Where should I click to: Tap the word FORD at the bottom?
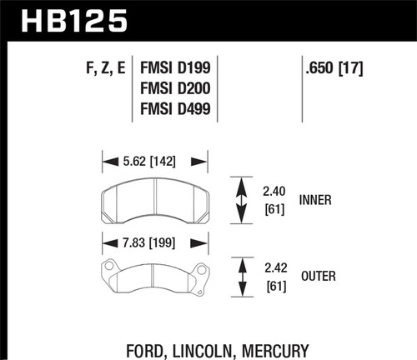click(153, 344)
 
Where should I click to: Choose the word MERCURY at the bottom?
click(281, 344)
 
